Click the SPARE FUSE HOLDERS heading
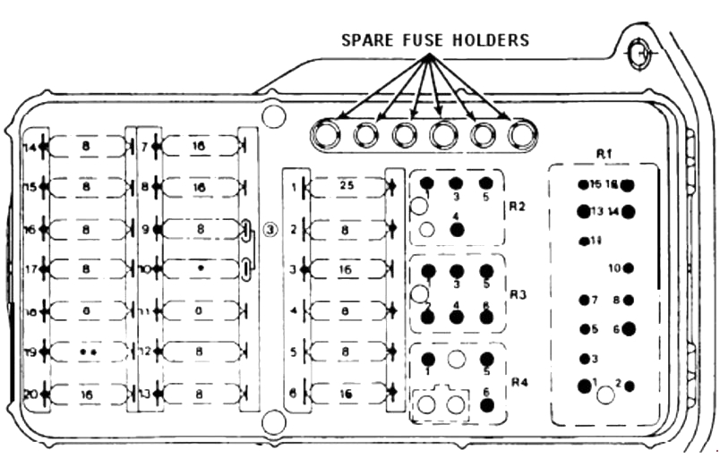434,40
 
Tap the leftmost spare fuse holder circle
325,135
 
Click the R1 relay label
604,154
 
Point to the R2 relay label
517,205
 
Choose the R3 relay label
517,293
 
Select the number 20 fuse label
30,393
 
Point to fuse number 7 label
145,145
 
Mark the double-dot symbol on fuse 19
87,352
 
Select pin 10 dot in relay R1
628,267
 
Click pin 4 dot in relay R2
458,229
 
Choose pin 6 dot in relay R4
486,405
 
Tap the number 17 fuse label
30,268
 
